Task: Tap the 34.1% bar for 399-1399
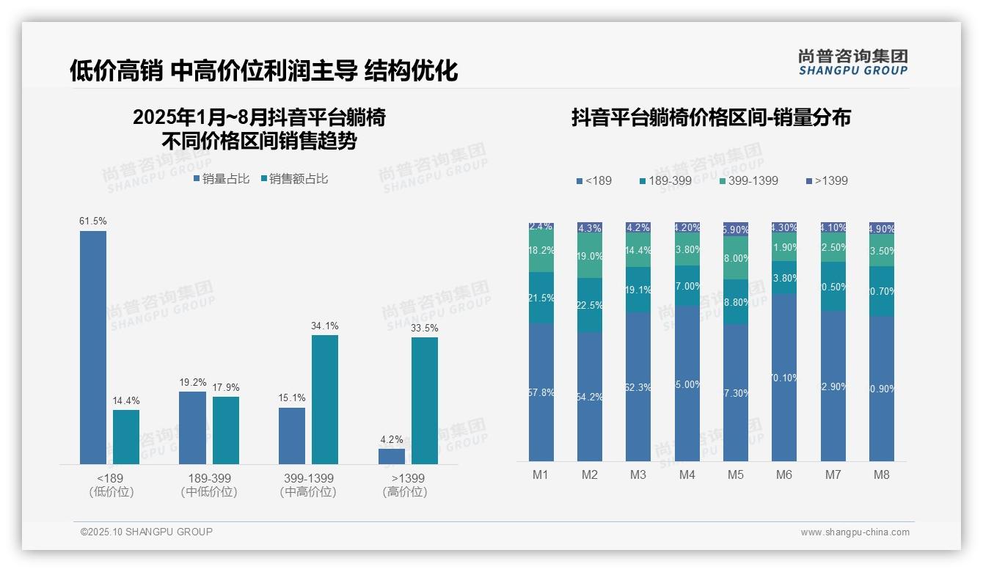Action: pyautogui.click(x=325, y=399)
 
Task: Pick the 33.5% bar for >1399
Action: pyautogui.click(x=425, y=400)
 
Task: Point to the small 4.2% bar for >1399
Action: pyautogui.click(x=392, y=456)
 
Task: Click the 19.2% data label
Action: pyautogui.click(x=193, y=383)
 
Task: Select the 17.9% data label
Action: pyautogui.click(x=226, y=387)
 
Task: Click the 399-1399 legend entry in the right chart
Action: pyautogui.click(x=748, y=180)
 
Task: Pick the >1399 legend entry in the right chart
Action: pyautogui.click(x=827, y=180)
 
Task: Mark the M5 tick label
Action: pyautogui.click(x=736, y=474)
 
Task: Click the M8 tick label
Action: pyautogui.click(x=882, y=474)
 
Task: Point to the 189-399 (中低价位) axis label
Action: pyautogui.click(x=209, y=485)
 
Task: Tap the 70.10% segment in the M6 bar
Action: pyautogui.click(x=784, y=377)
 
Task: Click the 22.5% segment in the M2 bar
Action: pyautogui.click(x=590, y=305)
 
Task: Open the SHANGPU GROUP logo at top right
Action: pyautogui.click(x=853, y=62)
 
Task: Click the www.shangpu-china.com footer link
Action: pyautogui.click(x=855, y=532)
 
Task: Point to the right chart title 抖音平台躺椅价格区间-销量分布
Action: pyautogui.click(x=711, y=118)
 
